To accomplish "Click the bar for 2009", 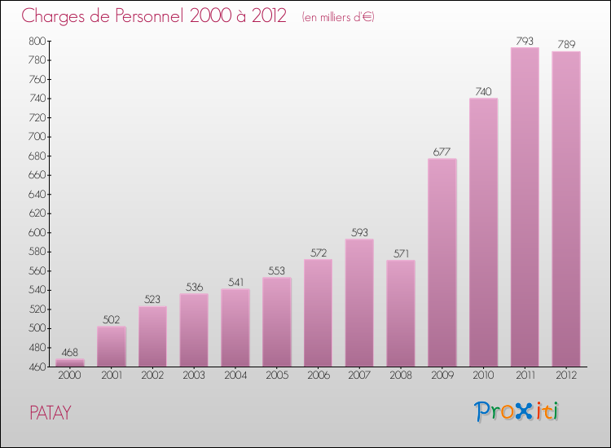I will tap(442, 262).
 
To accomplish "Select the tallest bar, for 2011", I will tap(525, 207).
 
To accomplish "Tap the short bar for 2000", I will tap(70, 362).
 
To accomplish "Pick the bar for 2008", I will tap(401, 313).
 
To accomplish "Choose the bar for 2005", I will tap(277, 322).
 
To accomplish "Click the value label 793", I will tap(525, 40).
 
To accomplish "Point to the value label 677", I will tap(442, 151).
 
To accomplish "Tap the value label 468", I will tap(70, 352).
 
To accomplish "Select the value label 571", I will tap(401, 253).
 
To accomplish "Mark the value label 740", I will tap(484, 91).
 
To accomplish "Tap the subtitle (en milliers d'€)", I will tap(337, 17).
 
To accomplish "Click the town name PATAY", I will tap(51, 413).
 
